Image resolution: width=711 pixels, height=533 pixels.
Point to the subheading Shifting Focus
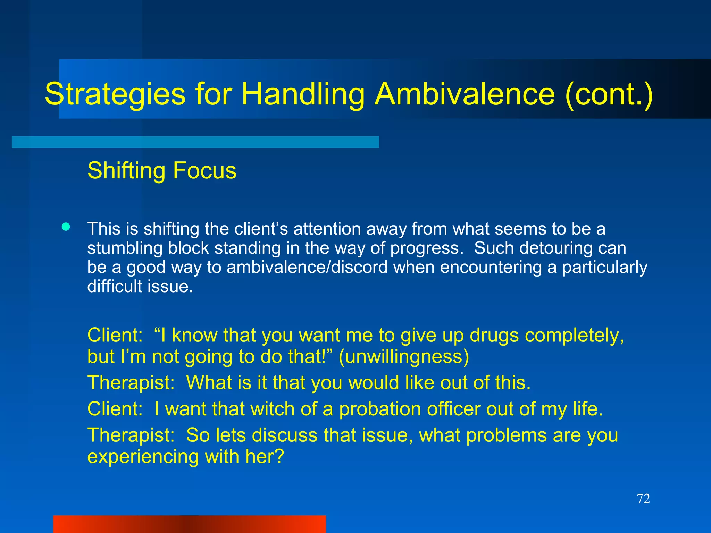[162, 170]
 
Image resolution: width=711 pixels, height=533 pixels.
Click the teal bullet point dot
[66, 227]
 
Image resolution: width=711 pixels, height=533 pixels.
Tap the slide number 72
[643, 499]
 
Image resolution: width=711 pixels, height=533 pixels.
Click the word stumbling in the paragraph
[125, 248]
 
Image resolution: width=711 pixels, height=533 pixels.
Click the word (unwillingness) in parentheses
[403, 356]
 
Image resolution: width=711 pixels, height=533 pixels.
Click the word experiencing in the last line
[143, 457]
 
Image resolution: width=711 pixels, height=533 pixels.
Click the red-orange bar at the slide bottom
[190, 524]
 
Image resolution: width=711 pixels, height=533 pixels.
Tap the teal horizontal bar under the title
[195, 142]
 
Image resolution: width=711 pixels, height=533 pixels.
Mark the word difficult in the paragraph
[115, 287]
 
